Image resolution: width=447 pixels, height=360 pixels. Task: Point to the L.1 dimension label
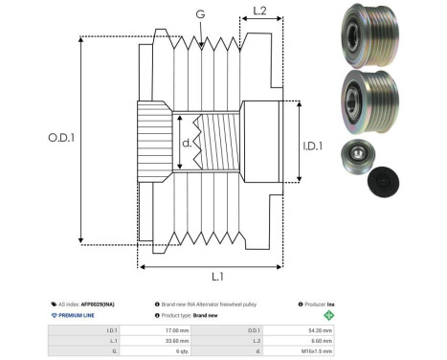pos(217,276)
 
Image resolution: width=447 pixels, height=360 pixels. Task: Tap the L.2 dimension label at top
pos(258,12)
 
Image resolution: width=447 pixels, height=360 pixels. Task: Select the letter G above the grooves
pos(199,15)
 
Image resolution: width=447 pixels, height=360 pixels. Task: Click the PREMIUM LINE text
pos(76,314)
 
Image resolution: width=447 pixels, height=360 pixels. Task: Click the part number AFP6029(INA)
pos(100,303)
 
